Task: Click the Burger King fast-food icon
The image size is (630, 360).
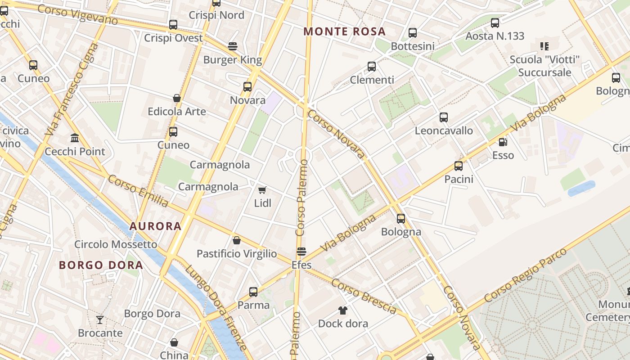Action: (x=233, y=46)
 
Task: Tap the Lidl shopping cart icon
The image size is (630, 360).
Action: (x=262, y=190)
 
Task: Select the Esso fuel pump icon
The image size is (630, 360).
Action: (x=503, y=142)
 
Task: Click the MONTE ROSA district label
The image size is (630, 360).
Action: (x=344, y=31)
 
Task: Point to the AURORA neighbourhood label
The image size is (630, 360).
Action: (x=155, y=226)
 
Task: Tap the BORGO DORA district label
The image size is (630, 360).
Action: (x=101, y=265)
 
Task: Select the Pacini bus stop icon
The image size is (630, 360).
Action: (x=459, y=166)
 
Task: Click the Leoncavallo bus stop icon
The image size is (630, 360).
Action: (x=444, y=117)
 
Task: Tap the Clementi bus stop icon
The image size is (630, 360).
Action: (x=372, y=67)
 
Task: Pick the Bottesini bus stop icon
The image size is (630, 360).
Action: (x=413, y=33)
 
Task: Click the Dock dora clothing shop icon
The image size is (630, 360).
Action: (x=343, y=310)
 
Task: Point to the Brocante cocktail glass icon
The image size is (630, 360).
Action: (x=100, y=320)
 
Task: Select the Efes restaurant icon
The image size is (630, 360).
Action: (x=301, y=252)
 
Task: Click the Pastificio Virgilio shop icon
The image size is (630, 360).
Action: (x=237, y=240)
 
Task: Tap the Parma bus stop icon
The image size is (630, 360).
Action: (x=253, y=292)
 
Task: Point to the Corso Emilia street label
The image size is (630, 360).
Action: (x=138, y=191)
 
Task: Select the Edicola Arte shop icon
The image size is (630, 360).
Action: (x=177, y=98)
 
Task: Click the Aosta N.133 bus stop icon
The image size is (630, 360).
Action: (x=495, y=22)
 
